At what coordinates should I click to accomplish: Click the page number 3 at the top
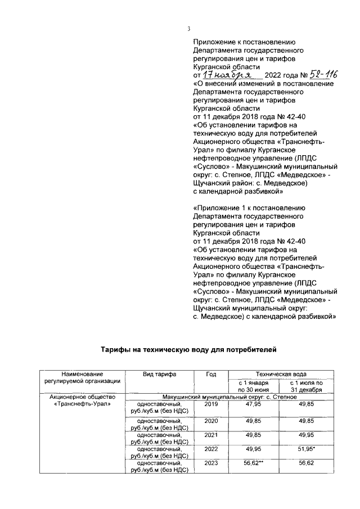point(189,29)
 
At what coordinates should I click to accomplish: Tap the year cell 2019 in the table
point(211,404)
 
